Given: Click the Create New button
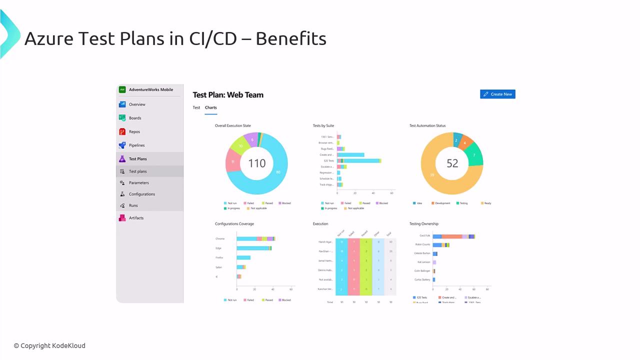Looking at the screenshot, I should (x=497, y=94).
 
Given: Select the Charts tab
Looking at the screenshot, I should (x=210, y=107).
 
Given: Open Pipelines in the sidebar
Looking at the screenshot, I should (x=136, y=145).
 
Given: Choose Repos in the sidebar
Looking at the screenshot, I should (x=134, y=132).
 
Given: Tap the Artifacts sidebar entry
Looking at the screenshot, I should (x=136, y=218).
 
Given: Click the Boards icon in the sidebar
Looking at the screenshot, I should (x=122, y=118).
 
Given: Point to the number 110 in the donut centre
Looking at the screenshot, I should (x=256, y=163).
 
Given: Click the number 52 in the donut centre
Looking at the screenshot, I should (x=452, y=163).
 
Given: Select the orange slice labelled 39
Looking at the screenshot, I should (x=432, y=175).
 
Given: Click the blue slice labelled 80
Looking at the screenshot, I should (x=278, y=172).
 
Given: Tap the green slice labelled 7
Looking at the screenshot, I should (x=474, y=155).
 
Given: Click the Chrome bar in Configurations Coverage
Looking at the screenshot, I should (x=255, y=239).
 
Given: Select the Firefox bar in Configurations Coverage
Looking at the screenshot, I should (x=243, y=257).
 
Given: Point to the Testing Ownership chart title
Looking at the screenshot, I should (x=423, y=224).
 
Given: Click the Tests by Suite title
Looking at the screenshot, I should (x=323, y=125).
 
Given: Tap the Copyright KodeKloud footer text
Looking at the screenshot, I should (x=49, y=345).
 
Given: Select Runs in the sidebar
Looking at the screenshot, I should (x=133, y=205).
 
